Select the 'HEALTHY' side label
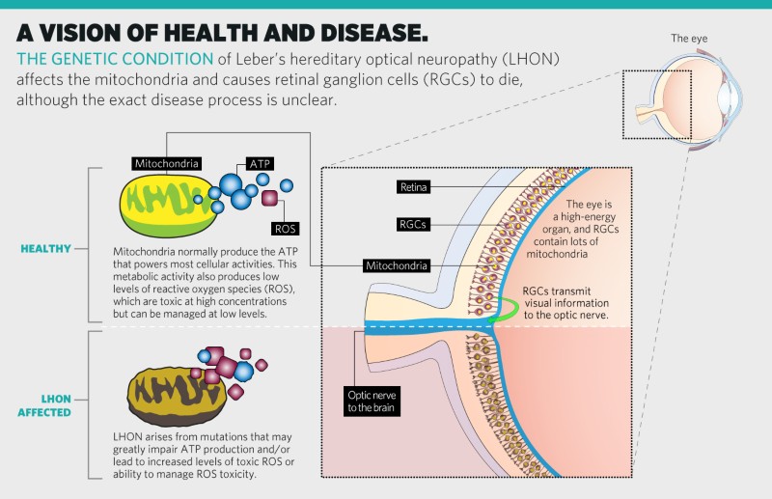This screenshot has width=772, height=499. tap(45, 248)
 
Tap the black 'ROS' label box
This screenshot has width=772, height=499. tap(285, 229)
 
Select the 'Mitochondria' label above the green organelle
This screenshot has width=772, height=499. tap(168, 163)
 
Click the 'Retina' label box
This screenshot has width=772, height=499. tap(417, 186)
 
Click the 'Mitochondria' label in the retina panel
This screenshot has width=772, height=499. tap(403, 264)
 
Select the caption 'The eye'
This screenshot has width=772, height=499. tap(692, 39)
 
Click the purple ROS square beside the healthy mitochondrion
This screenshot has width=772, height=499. tap(269, 197)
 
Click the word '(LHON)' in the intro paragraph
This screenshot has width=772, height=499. tap(525, 59)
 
